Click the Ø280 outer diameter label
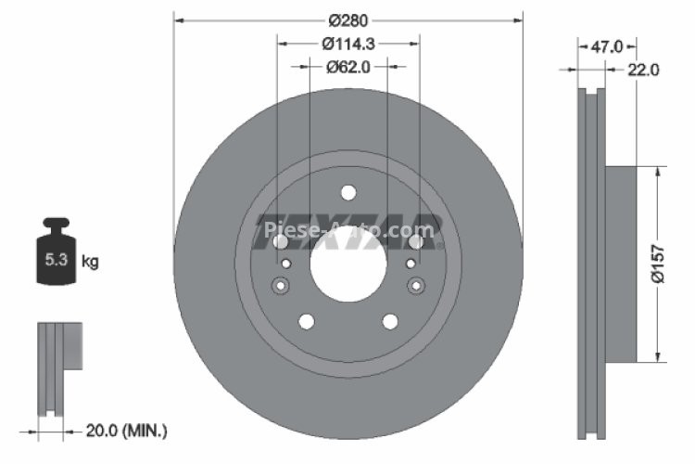[x=347, y=19]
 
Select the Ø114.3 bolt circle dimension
[x=347, y=43]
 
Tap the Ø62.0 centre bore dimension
[x=348, y=66]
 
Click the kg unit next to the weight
[x=90, y=261]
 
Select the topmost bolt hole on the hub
[x=347, y=193]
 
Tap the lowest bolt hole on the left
[x=306, y=321]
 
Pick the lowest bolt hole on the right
[x=390, y=321]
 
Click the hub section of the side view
[x=621, y=264]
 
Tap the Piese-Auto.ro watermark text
[x=347, y=228]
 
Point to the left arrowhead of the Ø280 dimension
[x=178, y=19]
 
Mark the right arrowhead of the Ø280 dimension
[x=517, y=19]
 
